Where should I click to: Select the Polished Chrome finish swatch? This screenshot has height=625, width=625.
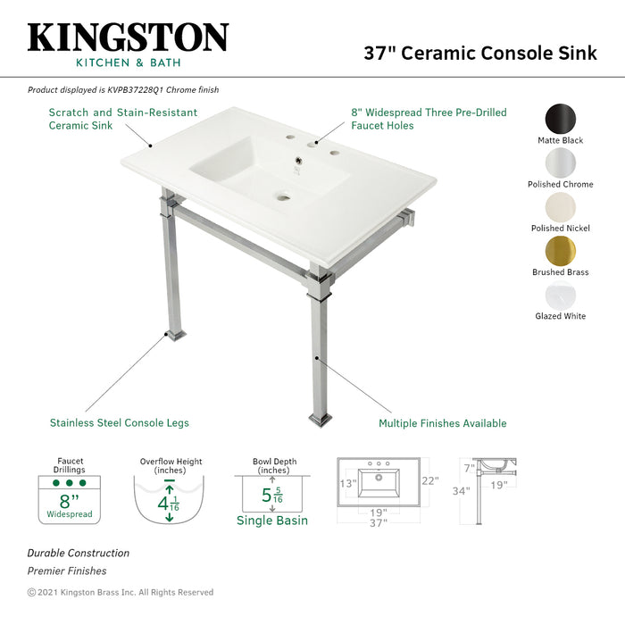[560, 162]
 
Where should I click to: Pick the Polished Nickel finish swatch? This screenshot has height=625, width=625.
[560, 206]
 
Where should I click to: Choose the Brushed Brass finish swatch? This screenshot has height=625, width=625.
[560, 251]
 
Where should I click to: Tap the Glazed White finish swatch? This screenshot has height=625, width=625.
[560, 295]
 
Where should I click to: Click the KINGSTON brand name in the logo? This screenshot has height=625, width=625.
[128, 37]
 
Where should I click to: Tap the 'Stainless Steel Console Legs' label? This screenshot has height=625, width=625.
[119, 422]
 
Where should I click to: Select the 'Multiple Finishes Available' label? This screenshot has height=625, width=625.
[442, 423]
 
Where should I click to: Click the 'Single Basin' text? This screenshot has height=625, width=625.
[272, 521]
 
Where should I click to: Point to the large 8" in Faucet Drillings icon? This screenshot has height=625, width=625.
[68, 500]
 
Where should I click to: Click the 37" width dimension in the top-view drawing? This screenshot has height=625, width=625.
[379, 523]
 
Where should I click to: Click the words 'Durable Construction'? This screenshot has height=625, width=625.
[78, 554]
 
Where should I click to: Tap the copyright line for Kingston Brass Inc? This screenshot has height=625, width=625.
[121, 592]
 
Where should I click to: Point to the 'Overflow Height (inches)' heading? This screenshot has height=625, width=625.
[171, 466]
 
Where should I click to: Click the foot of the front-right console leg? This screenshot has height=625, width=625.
[321, 418]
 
